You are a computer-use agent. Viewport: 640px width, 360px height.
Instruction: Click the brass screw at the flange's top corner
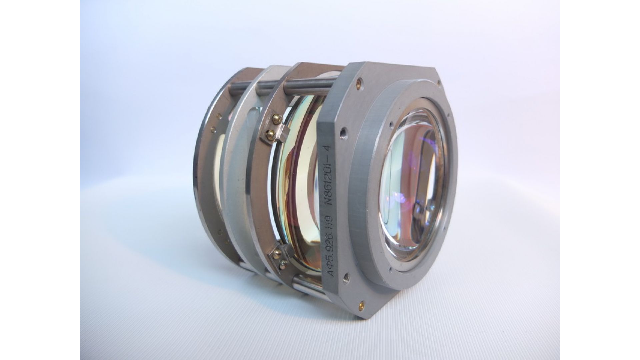359,81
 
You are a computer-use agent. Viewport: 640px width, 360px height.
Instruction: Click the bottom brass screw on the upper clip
271,134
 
